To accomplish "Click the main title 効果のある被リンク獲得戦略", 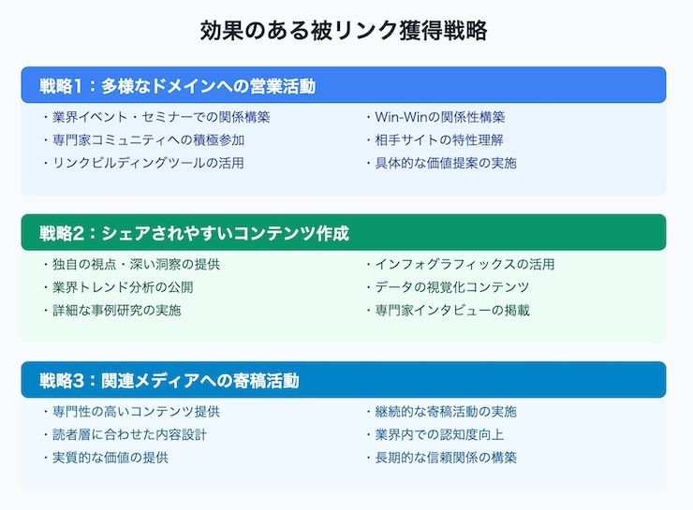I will click(344, 31).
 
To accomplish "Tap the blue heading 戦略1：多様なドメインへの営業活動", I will click(177, 86).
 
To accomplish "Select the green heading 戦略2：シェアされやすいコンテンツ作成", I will click(194, 233).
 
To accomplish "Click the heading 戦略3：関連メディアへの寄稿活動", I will click(170, 381).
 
